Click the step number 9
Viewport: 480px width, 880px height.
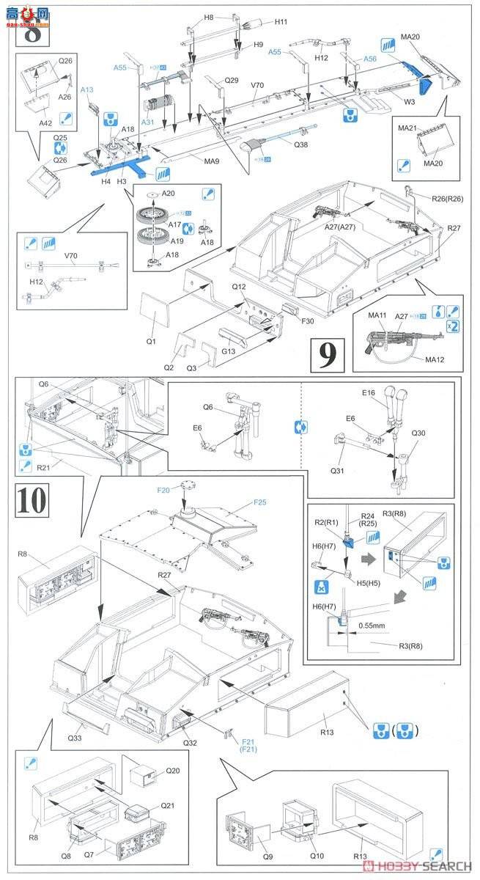[x=328, y=354]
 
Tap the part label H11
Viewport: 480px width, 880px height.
[x=281, y=23]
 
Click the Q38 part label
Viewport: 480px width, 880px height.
[x=300, y=144]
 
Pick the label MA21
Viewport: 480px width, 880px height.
[x=407, y=128]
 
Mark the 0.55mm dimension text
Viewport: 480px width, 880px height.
[x=372, y=626]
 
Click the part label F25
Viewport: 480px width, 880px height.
[x=260, y=502]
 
